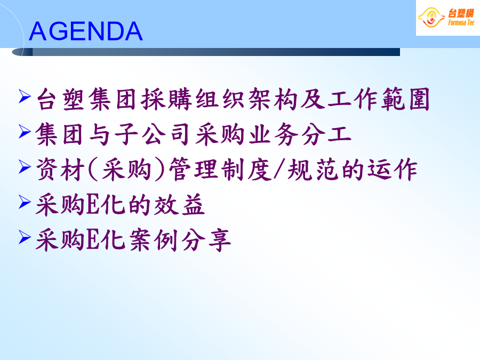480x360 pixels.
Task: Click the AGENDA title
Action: (86, 31)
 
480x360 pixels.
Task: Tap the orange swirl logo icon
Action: (431, 18)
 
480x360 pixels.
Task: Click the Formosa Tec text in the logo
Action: (461, 22)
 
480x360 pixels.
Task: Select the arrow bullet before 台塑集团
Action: (25, 96)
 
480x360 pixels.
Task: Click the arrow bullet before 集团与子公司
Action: (25, 131)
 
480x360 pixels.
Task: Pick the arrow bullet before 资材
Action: (25, 166)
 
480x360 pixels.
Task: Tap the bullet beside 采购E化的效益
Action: (25, 202)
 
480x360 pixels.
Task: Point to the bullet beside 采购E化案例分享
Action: (25, 237)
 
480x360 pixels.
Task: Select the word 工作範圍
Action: (379, 99)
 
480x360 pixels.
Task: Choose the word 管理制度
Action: (220, 170)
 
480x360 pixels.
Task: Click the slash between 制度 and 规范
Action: (279, 169)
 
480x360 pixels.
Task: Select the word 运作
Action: (393, 170)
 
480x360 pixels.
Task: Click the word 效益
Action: (179, 205)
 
